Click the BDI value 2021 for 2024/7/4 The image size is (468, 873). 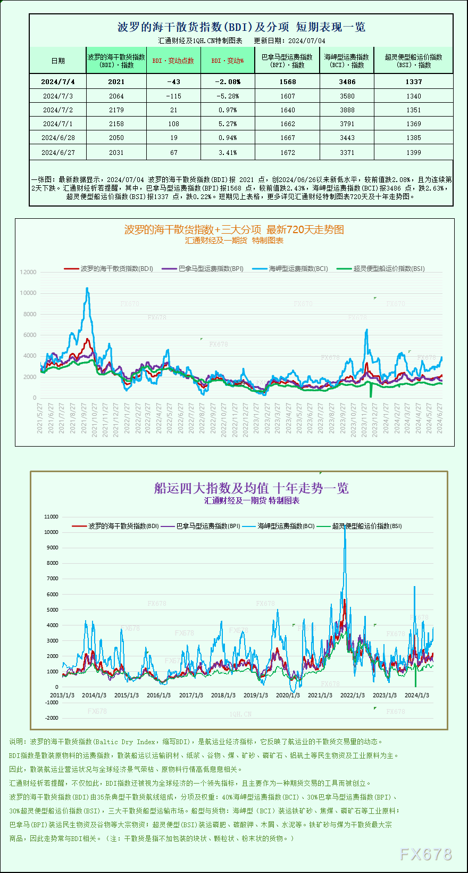pyautogui.click(x=116, y=81)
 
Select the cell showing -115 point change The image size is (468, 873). pyautogui.click(x=173, y=96)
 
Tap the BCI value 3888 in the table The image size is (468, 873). pyautogui.click(x=347, y=110)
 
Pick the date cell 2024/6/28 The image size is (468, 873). pyautogui.click(x=58, y=138)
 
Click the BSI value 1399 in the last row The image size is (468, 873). pyautogui.click(x=413, y=153)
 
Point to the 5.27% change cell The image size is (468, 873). pyautogui.click(x=228, y=124)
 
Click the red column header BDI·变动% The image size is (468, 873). pyautogui.click(x=228, y=61)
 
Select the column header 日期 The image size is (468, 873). pyautogui.click(x=58, y=61)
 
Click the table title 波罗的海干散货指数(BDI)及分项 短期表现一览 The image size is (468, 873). pyautogui.click(x=241, y=27)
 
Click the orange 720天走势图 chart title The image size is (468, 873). pyautogui.click(x=234, y=229)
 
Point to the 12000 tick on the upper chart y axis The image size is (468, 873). pyautogui.click(x=28, y=272)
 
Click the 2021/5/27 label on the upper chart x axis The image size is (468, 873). pyautogui.click(x=40, y=418)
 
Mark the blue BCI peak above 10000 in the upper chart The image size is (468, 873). pyautogui.click(x=87, y=289)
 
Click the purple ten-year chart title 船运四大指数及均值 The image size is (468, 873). pyautogui.click(x=251, y=488)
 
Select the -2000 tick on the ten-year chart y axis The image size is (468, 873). pyautogui.click(x=52, y=718)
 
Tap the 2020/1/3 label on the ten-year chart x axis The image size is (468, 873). pyautogui.click(x=288, y=695)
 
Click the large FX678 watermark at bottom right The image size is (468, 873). pyautogui.click(x=425, y=854)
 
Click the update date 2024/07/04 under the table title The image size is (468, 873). pyautogui.click(x=307, y=40)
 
